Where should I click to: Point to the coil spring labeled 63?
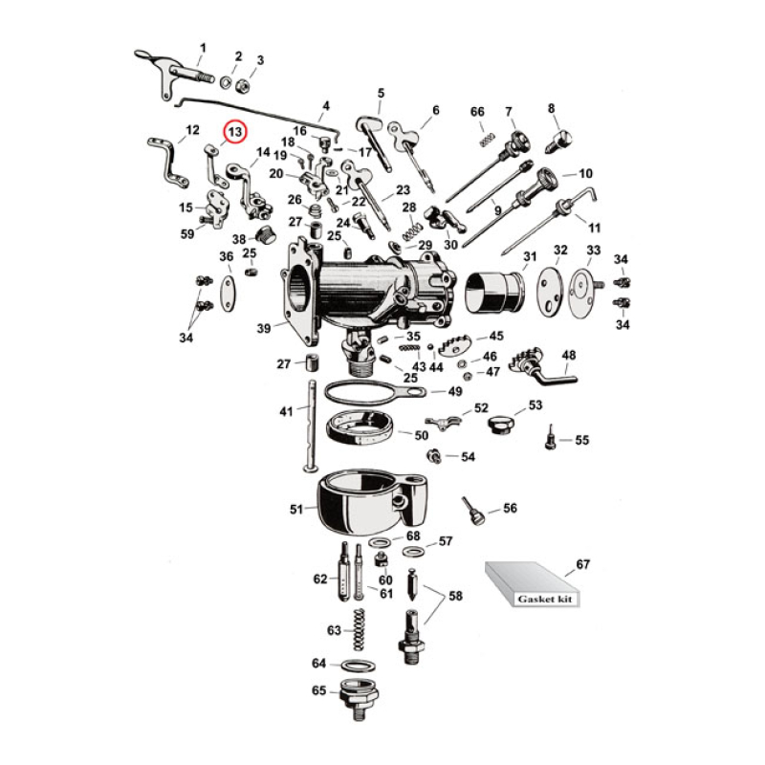(x=361, y=630)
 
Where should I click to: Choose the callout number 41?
(x=286, y=412)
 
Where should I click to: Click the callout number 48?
(x=569, y=355)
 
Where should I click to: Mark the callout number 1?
(x=202, y=47)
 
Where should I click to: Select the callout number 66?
(x=478, y=112)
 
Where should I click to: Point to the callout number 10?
(x=585, y=174)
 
